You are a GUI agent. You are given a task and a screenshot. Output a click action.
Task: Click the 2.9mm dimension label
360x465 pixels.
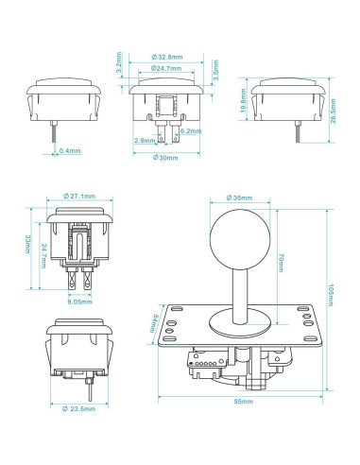[146, 140]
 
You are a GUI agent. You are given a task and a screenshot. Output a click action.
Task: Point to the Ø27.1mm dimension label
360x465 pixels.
[78, 196]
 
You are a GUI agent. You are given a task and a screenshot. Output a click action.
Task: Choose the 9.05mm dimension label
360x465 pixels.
[81, 303]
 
